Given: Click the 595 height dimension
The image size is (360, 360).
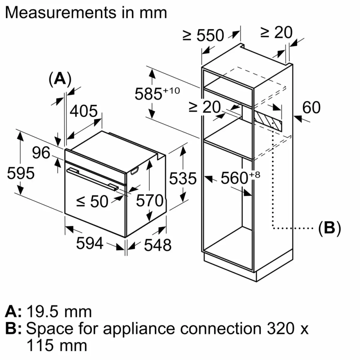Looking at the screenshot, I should coord(21,173).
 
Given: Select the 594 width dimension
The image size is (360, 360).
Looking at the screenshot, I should coord(90,244).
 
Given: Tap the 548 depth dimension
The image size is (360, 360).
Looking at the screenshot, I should coord(157,245).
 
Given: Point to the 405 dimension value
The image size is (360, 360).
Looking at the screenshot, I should coord(84,112).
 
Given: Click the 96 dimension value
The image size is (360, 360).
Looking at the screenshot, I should coord(41,153).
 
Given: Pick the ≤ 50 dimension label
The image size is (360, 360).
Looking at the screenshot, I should coord(92,202).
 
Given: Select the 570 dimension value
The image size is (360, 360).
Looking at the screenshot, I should coord(150,201).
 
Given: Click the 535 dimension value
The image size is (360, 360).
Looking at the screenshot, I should coord(184,178).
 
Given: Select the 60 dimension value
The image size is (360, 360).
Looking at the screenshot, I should coord(311,108).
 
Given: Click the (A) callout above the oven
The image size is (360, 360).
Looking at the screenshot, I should coord(59,79).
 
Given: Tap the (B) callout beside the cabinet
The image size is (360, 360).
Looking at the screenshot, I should coord(329,228).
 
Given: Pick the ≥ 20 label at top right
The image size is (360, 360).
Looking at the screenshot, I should coord(276,33).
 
